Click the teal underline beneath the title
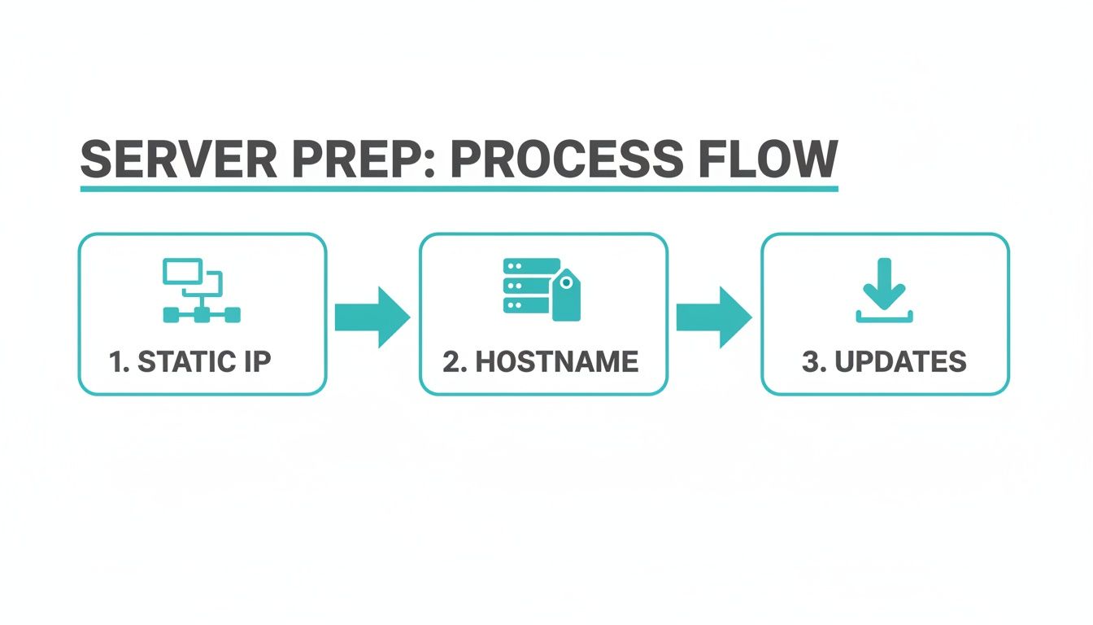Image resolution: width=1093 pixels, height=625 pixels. [459, 189]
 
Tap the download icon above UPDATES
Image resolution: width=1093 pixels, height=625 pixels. [885, 291]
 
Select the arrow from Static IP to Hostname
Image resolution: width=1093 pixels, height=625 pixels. [372, 316]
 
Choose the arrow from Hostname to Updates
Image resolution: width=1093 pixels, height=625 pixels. [714, 316]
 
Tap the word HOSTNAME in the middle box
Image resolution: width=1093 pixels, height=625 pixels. [557, 361]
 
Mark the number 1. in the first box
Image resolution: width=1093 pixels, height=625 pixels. [119, 361]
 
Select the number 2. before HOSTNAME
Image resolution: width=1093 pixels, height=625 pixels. [455, 361]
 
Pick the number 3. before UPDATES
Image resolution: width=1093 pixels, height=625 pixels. [814, 361]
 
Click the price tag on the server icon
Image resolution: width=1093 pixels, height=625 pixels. [566, 296]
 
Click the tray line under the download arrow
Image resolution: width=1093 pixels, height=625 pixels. [885, 320]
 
